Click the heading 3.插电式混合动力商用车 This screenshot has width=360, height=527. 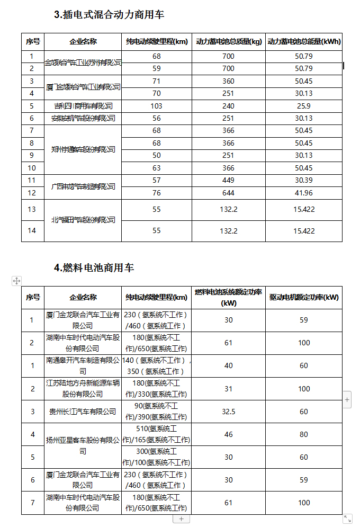pyautogui.click(x=109, y=15)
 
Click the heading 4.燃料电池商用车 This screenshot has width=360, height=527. pyautogui.click(x=94, y=268)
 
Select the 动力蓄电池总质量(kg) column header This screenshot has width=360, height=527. pyautogui.click(x=229, y=41)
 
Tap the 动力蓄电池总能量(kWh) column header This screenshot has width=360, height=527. pyautogui.click(x=304, y=41)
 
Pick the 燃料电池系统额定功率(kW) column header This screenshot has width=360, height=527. pyautogui.click(x=228, y=297)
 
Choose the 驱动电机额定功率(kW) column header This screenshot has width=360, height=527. pyautogui.click(x=304, y=297)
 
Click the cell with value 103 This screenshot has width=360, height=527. pyautogui.click(x=156, y=106)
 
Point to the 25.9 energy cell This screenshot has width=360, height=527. pyautogui.click(x=304, y=106)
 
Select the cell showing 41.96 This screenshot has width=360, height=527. pyautogui.click(x=304, y=193)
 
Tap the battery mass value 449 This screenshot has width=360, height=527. pyautogui.click(x=229, y=181)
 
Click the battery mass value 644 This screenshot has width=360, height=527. pyautogui.click(x=229, y=193)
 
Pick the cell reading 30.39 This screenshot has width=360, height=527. pyautogui.click(x=304, y=181)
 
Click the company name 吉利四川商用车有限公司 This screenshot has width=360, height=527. pyautogui.click(x=83, y=106)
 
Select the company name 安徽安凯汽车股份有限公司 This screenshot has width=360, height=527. pyautogui.click(x=83, y=118)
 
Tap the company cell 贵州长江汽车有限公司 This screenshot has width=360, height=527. pyautogui.click(x=83, y=412)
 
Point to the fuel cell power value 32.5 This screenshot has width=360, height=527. pyautogui.click(x=228, y=412)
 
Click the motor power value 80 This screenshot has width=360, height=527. pyautogui.click(x=304, y=434)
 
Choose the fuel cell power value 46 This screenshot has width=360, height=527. pyautogui.click(x=228, y=434)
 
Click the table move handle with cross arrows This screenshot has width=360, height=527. pyautogui.click(x=16, y=281)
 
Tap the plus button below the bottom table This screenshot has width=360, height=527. pyautogui.click(x=181, y=519)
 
